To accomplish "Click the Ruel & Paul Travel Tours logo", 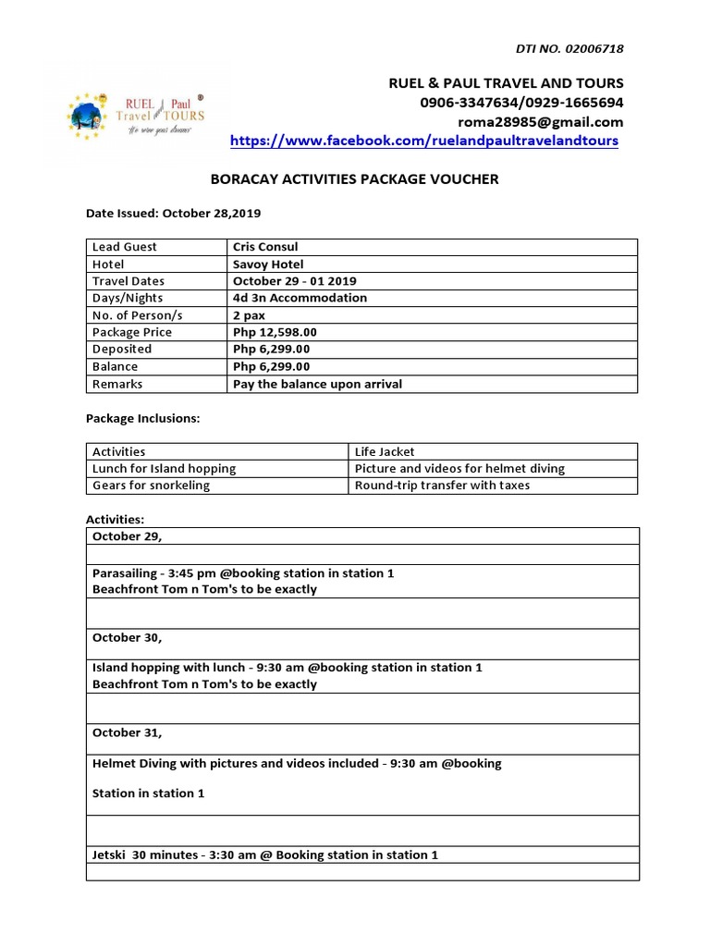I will point(136,114).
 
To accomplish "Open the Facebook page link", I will point(423,141).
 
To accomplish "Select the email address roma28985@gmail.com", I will point(540,122).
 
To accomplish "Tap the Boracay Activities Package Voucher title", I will point(355,179).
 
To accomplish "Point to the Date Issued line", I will point(174,213).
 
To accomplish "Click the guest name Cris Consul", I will point(266,247).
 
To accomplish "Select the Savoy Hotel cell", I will point(268,264).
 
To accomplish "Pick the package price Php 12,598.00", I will point(275,332).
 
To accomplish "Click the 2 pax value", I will point(250,315).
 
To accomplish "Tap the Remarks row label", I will point(117,384).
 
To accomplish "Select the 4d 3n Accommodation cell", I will point(300,298).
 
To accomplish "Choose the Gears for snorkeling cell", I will point(151,486).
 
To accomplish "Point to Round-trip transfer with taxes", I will point(442,486).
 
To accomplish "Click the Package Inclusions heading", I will point(142,418).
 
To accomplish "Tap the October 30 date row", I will point(127,637).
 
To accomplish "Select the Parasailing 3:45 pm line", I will point(243,573).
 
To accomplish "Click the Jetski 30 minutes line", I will point(265,855).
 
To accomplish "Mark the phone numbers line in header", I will point(521,103).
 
